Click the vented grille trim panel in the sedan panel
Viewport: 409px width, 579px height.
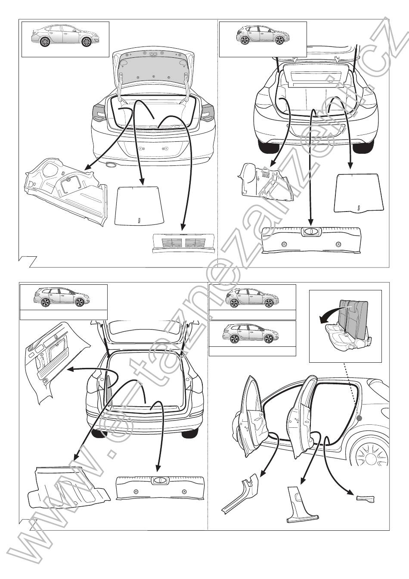(x=184, y=243)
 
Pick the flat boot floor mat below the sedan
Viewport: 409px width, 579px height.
(x=139, y=205)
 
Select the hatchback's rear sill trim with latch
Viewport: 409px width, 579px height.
(x=311, y=241)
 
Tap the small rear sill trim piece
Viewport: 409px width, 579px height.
(x=365, y=499)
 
